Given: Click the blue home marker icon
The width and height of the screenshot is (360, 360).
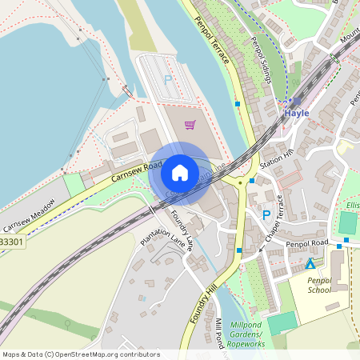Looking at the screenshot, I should [180, 173].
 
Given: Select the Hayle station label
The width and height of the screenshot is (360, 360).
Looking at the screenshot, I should [296, 113].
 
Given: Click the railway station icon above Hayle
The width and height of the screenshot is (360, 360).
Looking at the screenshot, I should [295, 102].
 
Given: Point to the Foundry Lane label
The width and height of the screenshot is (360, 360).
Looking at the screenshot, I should [179, 230].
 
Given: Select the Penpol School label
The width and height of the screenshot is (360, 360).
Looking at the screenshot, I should [318, 285].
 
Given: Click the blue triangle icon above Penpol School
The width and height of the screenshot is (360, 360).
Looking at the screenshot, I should [310, 263].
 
